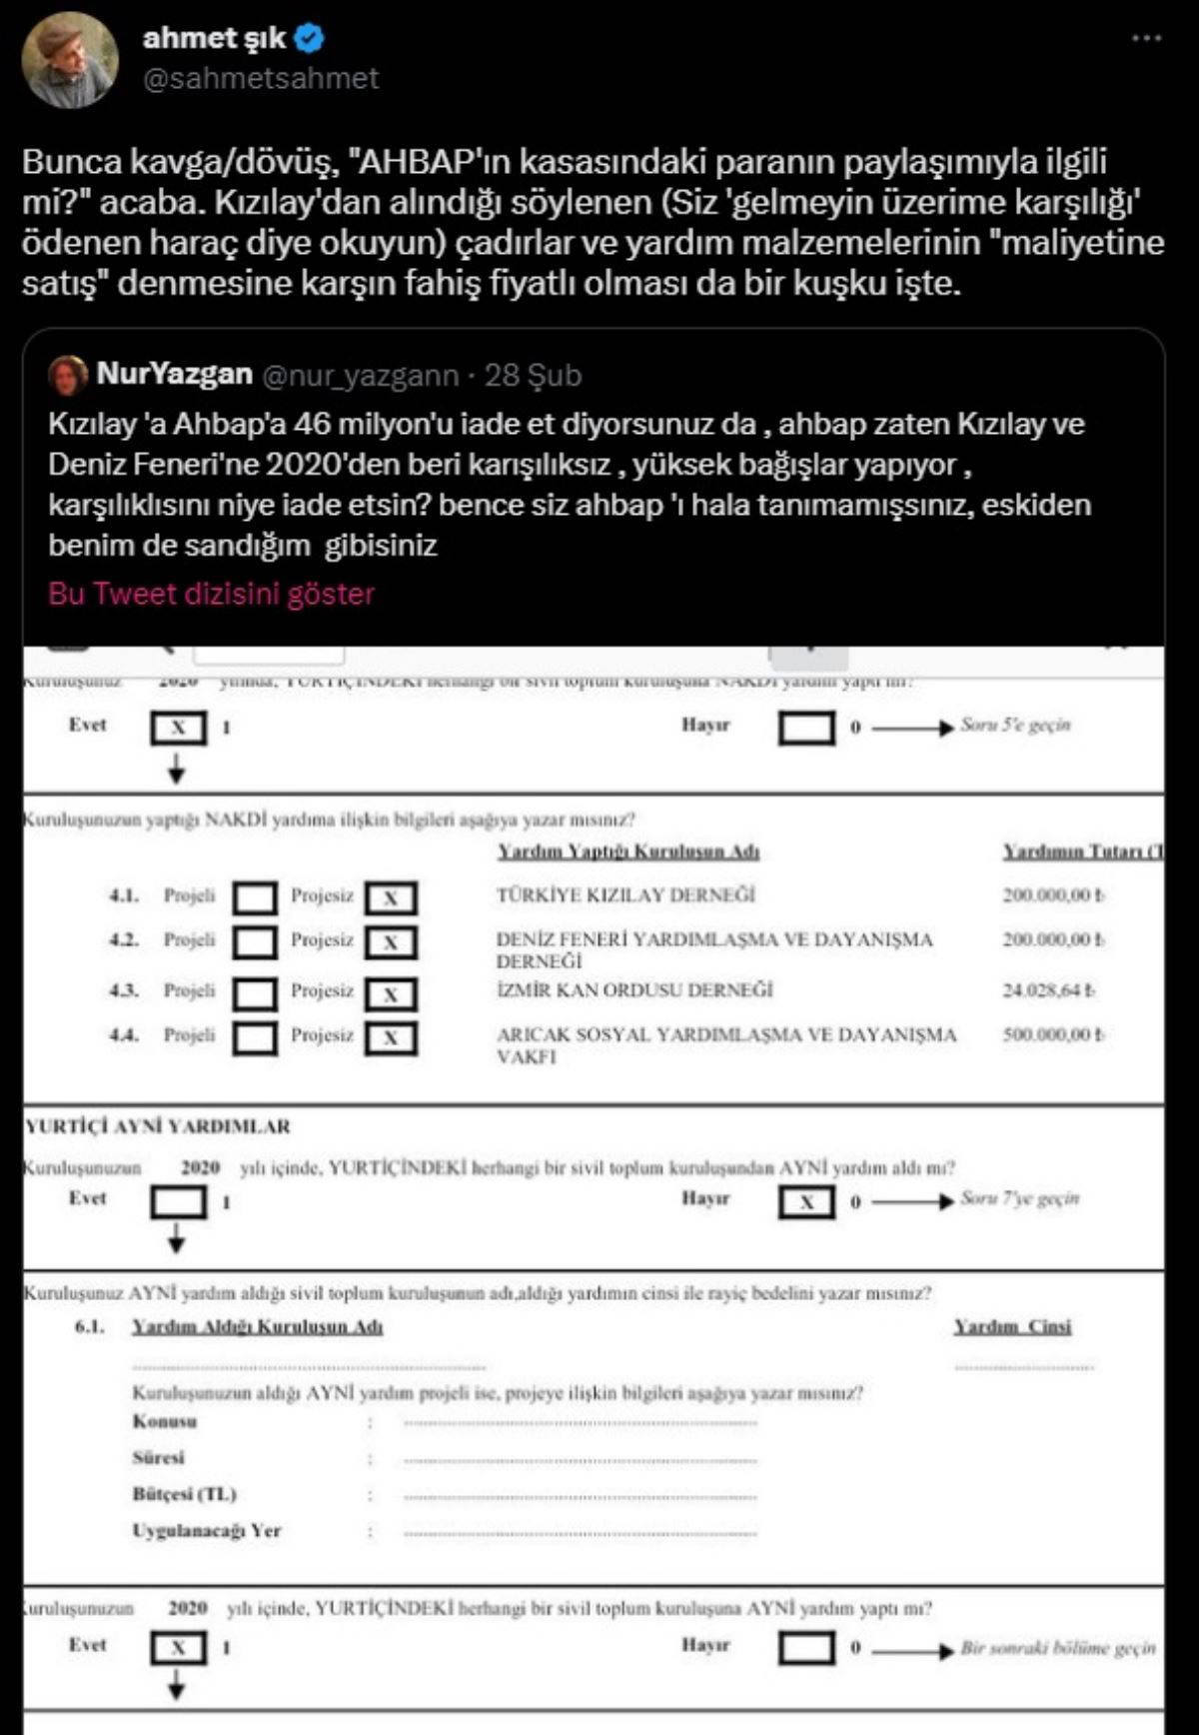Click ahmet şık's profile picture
point(70,60)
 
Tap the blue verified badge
point(311,39)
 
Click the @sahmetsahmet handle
point(261,79)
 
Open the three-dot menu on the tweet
point(1146,38)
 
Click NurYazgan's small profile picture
point(68,375)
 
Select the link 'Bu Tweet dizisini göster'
point(211,594)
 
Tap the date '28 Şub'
point(533,375)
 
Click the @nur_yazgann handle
point(360,375)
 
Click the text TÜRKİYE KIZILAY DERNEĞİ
point(625,894)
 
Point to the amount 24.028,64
point(1048,990)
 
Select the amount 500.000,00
point(1053,1035)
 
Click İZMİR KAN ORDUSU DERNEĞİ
point(634,990)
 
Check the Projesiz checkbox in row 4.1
point(391,898)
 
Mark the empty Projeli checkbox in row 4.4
point(255,1037)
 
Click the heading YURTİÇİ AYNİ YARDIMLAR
point(158,1126)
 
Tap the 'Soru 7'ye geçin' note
point(1019,1197)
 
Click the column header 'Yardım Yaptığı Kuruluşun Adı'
point(628,852)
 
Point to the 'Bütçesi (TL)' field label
point(184,1494)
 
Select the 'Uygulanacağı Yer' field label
point(206,1530)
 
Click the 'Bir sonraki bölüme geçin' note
point(1057,1648)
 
